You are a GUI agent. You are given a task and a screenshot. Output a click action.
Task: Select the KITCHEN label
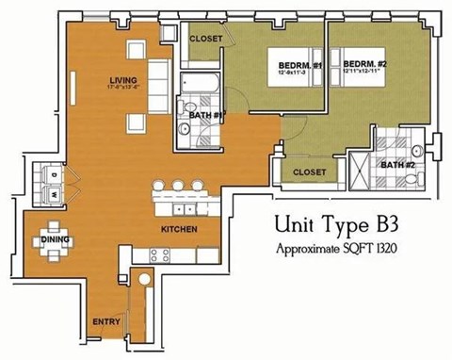point(177,229)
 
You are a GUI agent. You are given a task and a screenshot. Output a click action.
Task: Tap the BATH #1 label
point(204,115)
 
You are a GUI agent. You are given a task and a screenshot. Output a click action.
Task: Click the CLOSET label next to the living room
point(205,39)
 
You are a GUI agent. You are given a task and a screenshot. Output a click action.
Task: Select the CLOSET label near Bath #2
point(309,172)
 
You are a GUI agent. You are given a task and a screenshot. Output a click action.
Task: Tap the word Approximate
point(315,249)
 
